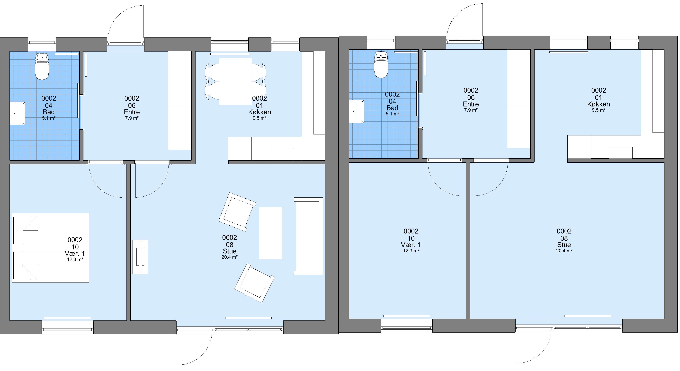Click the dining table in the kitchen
[235, 81]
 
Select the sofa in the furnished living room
[308, 236]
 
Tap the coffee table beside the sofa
[271, 233]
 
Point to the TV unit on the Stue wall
[140, 257]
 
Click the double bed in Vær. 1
[50, 248]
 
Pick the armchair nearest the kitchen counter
[237, 212]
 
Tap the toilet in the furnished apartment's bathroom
[42, 66]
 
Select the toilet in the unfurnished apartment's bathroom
[381, 64]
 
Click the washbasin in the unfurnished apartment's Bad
[357, 111]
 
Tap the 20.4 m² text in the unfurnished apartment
[564, 251]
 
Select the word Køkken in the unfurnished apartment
[598, 104]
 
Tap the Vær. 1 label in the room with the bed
[75, 253]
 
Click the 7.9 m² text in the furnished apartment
[132, 118]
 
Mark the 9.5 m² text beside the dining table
[259, 118]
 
